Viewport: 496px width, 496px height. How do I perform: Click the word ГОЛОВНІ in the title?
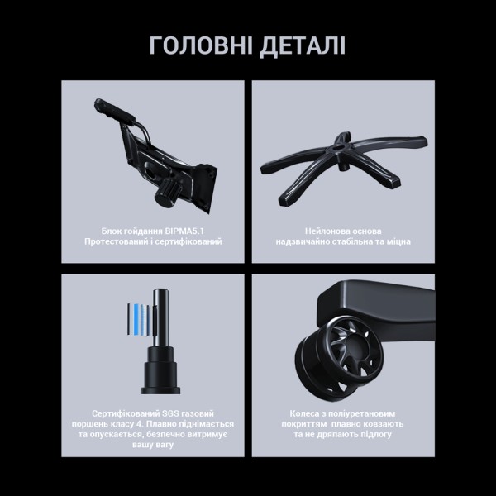coord(201,45)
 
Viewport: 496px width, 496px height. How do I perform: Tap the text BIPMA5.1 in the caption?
coord(184,231)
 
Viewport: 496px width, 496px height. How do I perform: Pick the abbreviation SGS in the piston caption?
coord(170,413)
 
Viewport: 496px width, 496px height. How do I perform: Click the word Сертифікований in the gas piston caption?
coord(126,413)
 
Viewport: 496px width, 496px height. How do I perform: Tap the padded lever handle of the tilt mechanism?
coord(115,110)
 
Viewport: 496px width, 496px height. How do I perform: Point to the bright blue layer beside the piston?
coord(136,319)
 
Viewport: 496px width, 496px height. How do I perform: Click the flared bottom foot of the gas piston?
coord(160,390)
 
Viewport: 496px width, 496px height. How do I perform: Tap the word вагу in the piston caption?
coord(165,445)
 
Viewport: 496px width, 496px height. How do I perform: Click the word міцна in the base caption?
coord(399,241)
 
